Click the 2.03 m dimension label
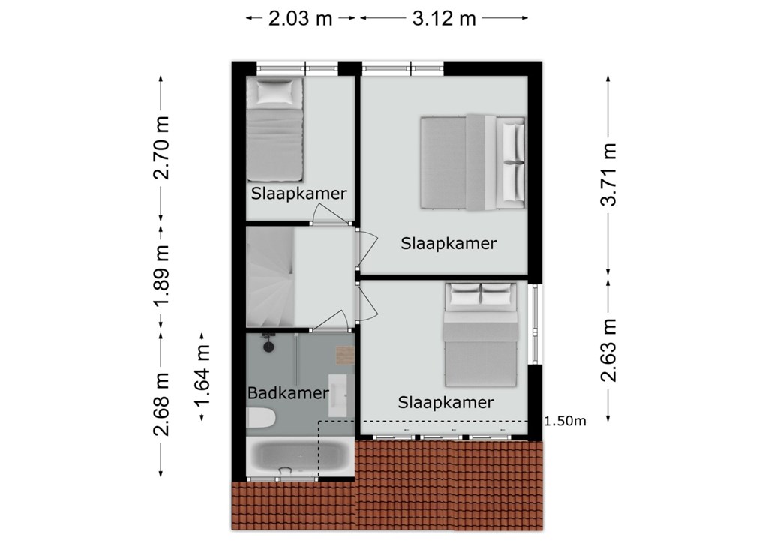(x=300, y=18)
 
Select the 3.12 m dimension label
(x=444, y=18)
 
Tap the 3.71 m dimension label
(x=608, y=174)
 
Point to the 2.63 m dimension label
(x=608, y=350)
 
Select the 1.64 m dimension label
(x=202, y=375)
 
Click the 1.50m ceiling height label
(x=565, y=421)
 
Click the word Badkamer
(x=288, y=392)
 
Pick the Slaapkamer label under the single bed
(x=298, y=193)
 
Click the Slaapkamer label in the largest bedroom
(x=448, y=243)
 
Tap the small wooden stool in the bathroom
(x=345, y=356)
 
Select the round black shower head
(x=269, y=347)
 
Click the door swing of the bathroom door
(x=333, y=319)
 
